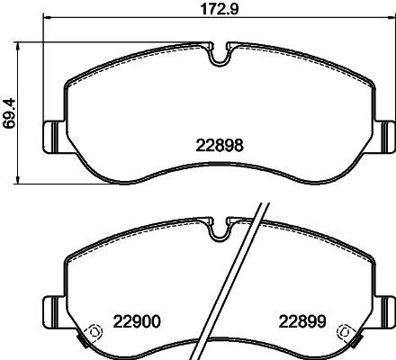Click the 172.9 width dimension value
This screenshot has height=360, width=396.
220,8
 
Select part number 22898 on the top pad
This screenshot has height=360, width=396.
220,146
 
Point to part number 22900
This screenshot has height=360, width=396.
137,322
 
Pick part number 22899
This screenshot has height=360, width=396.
302,322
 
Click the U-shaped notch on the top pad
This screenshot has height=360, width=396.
220,57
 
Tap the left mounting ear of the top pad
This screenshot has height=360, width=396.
54,137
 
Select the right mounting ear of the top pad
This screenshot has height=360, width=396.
385,137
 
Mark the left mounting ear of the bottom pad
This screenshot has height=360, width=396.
54,312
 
